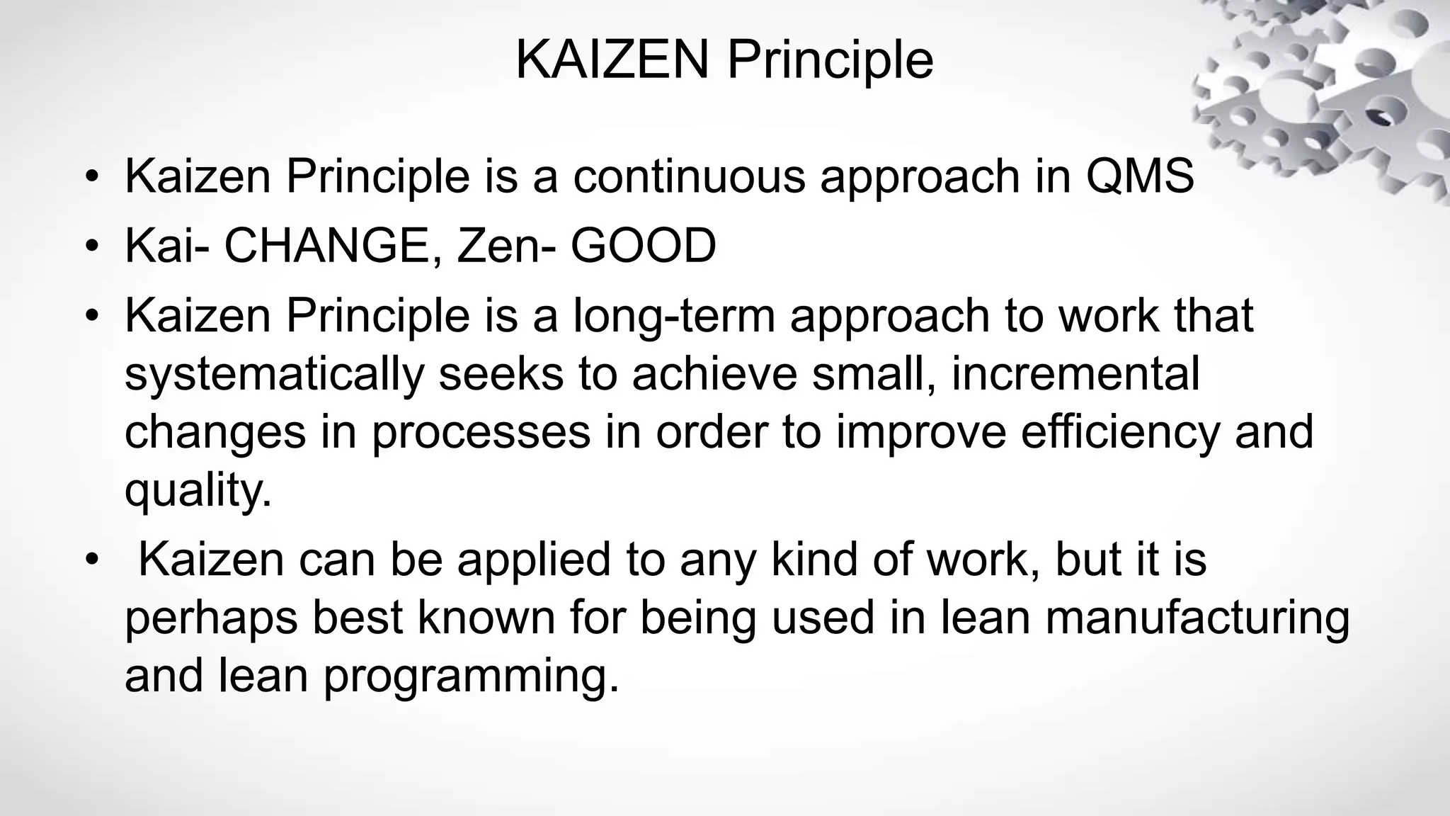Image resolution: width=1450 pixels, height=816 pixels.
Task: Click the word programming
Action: [x=471, y=677]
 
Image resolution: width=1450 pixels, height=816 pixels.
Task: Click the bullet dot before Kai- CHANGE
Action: [x=91, y=246]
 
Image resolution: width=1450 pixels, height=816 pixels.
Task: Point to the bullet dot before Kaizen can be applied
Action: [x=91, y=560]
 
